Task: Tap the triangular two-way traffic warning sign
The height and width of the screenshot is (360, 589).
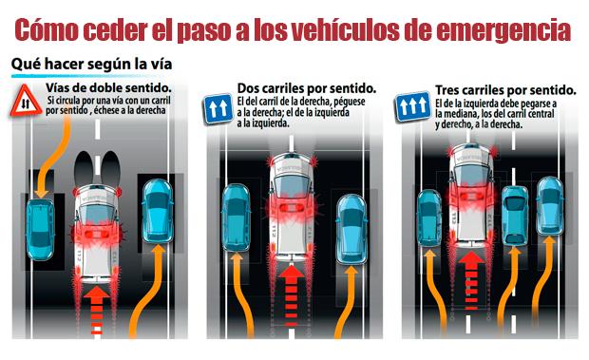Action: point(26,101)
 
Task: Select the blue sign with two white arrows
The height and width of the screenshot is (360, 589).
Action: point(218,108)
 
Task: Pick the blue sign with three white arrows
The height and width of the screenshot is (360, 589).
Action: point(413,105)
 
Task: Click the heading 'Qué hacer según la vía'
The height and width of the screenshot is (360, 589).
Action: point(91,64)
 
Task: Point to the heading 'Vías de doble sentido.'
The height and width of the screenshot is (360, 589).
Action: point(108,87)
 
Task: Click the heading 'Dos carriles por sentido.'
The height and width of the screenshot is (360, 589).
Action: point(307,88)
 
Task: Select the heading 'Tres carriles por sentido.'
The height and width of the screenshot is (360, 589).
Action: point(505,90)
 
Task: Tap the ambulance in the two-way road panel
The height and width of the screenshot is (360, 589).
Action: point(97,233)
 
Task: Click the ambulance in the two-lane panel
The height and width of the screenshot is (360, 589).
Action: point(292,206)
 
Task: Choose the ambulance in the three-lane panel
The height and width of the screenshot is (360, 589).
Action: point(471,195)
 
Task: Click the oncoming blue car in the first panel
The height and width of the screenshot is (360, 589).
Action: point(40,229)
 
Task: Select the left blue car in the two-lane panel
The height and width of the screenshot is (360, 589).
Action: point(236,218)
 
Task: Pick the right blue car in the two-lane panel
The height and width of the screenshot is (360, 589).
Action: point(351,229)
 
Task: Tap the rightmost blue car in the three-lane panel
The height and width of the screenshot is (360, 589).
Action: point(550,206)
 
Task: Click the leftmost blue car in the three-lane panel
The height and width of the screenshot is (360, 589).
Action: point(429,218)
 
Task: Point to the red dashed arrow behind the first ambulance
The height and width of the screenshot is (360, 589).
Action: point(97,310)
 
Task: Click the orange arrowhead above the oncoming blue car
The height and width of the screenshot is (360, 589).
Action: point(41,193)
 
